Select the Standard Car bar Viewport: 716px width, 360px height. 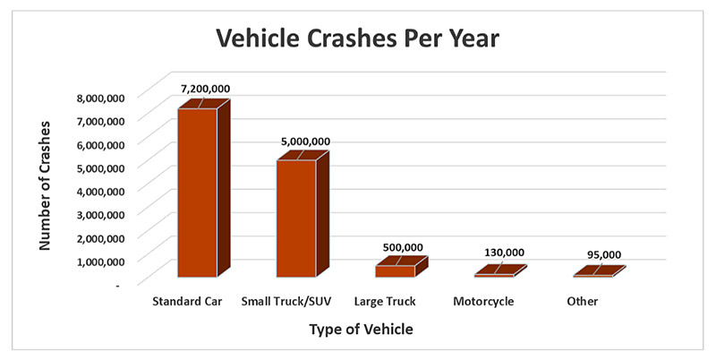pos(198,192)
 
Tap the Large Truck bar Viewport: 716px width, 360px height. pos(395,270)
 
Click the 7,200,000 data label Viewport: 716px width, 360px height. pos(205,90)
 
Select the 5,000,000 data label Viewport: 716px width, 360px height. pos(303,141)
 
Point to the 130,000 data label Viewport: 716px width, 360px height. pos(501,253)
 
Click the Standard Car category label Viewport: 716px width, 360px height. pos(187,302)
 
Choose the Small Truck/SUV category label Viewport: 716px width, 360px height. pos(286,302)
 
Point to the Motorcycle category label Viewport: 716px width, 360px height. pos(483,302)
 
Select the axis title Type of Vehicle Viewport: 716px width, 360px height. pos(361,330)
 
